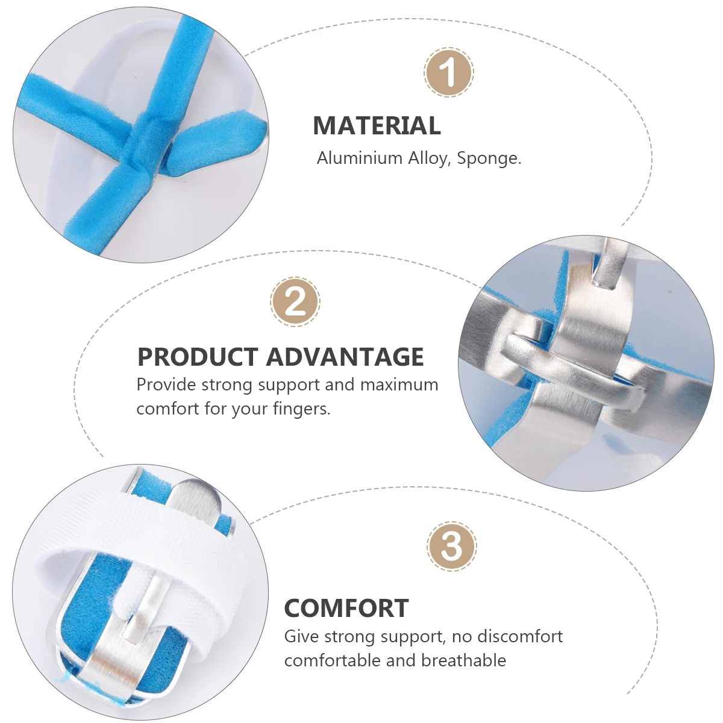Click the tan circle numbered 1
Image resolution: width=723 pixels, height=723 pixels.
point(449,72)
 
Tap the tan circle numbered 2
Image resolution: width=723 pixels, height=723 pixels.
point(295,302)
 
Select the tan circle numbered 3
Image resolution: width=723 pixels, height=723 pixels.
point(452,546)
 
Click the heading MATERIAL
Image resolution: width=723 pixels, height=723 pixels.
point(377,126)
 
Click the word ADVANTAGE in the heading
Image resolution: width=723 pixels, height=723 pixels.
point(345,357)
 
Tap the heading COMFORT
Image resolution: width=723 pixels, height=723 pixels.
point(346,608)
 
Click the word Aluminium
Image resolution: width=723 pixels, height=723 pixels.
point(360,158)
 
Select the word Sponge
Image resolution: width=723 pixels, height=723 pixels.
point(489,158)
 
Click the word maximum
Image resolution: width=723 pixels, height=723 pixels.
point(399,384)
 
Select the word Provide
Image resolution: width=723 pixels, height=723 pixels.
point(166,384)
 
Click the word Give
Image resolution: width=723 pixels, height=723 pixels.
point(301,636)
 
